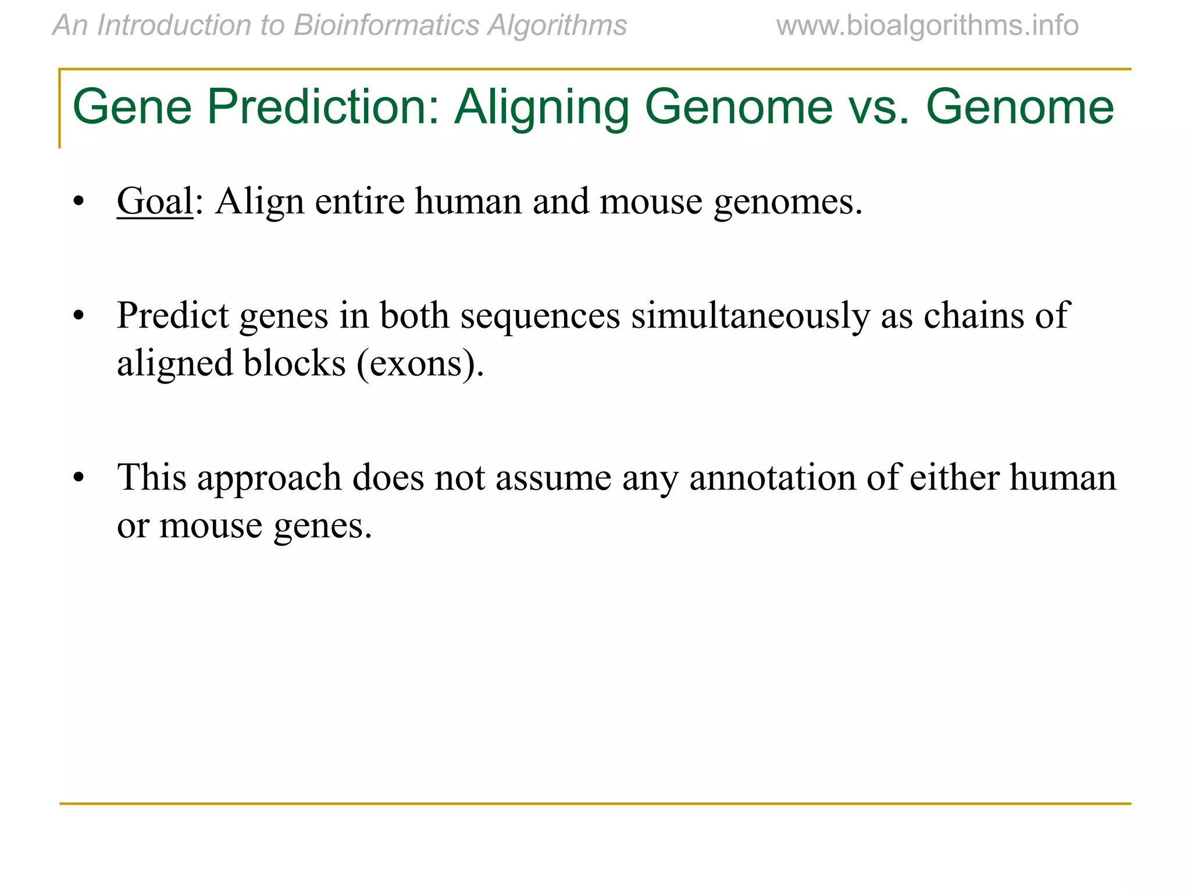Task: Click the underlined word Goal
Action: (155, 201)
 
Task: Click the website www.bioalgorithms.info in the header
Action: (927, 26)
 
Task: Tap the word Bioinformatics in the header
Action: (387, 26)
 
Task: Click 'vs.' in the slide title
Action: (879, 108)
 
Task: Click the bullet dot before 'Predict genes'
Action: (79, 316)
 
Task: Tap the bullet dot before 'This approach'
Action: (79, 478)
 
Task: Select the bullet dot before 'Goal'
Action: (79, 202)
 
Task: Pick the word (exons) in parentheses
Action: (420, 364)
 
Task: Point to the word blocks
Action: (294, 364)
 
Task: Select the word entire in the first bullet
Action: (359, 201)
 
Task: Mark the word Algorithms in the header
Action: (557, 26)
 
